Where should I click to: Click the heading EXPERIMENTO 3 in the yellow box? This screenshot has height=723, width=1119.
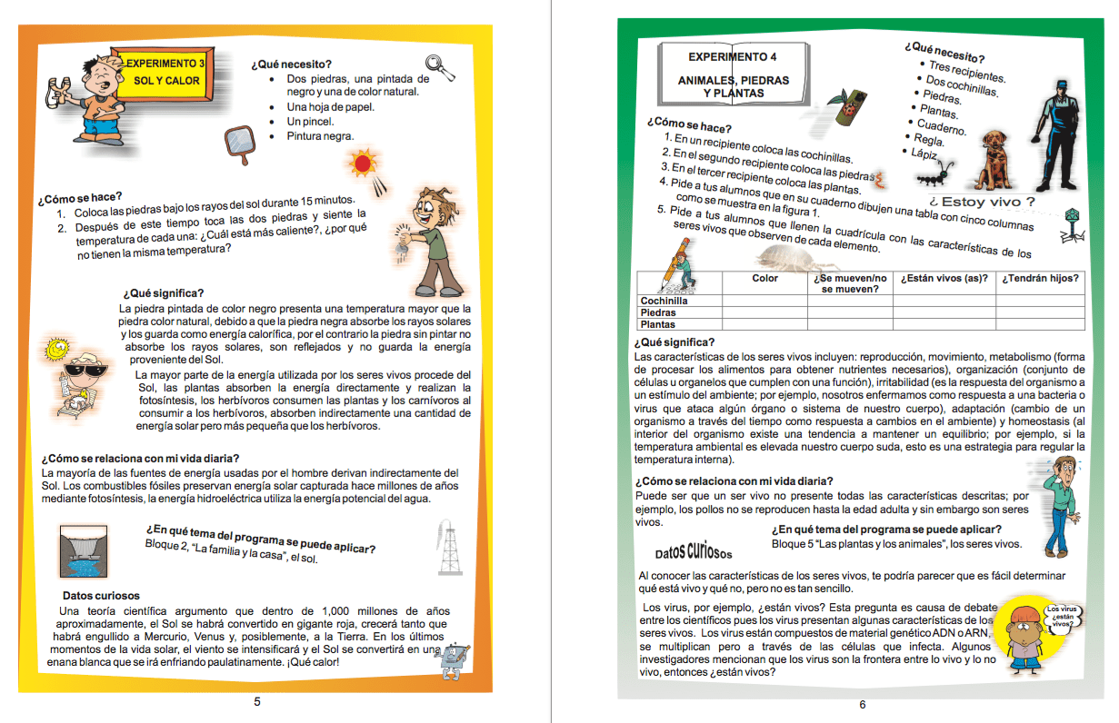point(165,64)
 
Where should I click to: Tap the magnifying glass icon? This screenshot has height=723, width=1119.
point(440,64)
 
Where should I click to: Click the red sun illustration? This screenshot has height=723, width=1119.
point(364,163)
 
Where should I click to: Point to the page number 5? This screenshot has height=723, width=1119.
point(257,701)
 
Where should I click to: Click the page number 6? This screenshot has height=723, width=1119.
point(863,704)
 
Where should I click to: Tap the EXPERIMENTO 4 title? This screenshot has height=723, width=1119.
point(732,57)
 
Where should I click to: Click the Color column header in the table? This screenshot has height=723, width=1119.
point(764,278)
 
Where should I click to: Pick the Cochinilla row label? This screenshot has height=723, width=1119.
point(664,301)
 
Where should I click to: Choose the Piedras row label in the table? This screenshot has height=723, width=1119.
point(658,312)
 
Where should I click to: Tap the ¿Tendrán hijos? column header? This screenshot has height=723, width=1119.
point(1040,278)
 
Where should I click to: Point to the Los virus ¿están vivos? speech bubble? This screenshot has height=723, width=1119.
point(1063,616)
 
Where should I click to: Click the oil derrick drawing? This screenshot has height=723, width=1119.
point(448,547)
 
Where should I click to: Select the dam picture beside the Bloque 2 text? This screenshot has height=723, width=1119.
point(87,553)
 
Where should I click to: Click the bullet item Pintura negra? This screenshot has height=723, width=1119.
point(320,136)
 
